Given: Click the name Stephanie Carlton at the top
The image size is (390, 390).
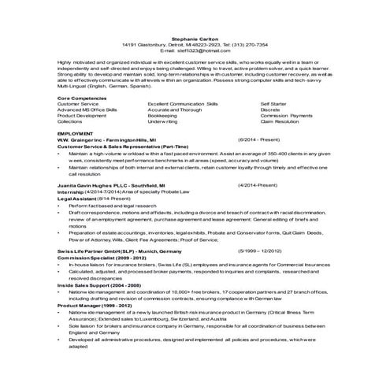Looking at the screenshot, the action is click(195, 37).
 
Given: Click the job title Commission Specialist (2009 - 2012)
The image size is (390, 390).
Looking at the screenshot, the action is click(101, 254).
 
